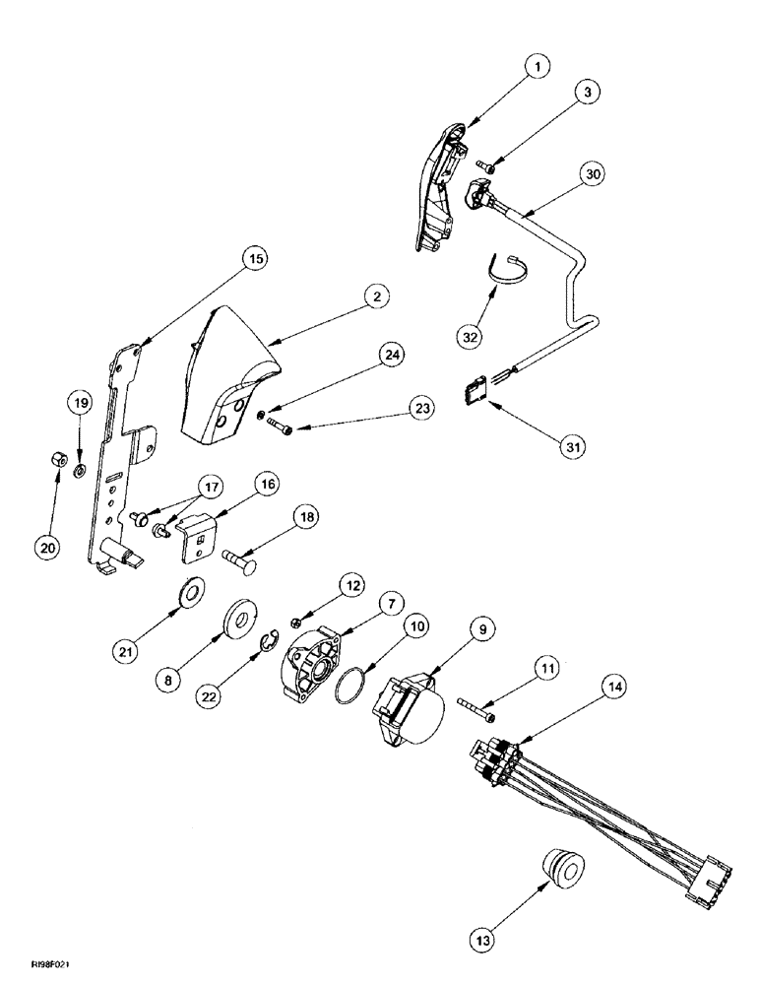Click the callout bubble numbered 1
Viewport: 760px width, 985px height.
[536, 66]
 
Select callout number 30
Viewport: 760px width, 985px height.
[592, 173]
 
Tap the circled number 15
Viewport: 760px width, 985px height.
[254, 259]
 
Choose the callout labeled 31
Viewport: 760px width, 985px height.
[571, 446]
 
